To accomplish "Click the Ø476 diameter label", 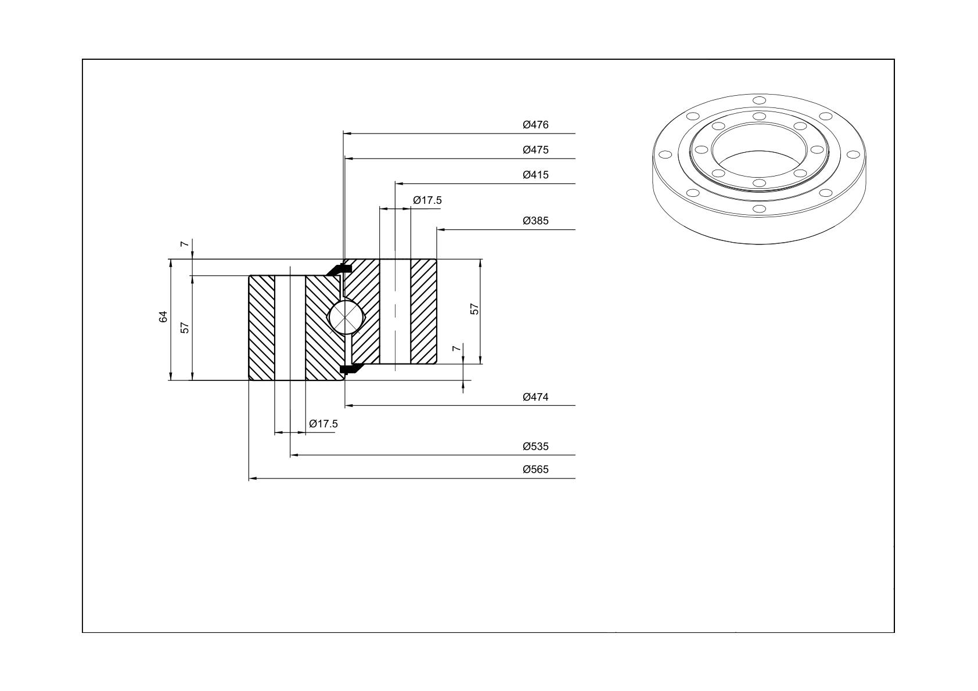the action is click(x=535, y=125).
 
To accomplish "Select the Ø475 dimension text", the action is click(x=535, y=150).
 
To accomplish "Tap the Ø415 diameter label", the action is click(x=535, y=175).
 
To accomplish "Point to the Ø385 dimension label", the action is click(x=535, y=221).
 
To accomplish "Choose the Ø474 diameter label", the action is click(x=535, y=397).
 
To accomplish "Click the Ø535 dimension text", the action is click(x=535, y=447).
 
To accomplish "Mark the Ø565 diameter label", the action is click(x=535, y=470).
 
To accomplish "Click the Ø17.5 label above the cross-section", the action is click(x=427, y=200).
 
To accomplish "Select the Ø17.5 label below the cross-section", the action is click(x=323, y=424).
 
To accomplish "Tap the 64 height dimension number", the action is click(x=163, y=316).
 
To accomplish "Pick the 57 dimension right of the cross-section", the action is click(x=474, y=308).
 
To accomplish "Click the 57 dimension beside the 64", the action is click(x=185, y=327).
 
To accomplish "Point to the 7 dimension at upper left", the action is click(x=185, y=243).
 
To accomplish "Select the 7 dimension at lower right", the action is click(x=456, y=348).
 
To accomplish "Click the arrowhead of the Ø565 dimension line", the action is click(x=253, y=479).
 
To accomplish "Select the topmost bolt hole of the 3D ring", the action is click(x=759, y=100).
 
